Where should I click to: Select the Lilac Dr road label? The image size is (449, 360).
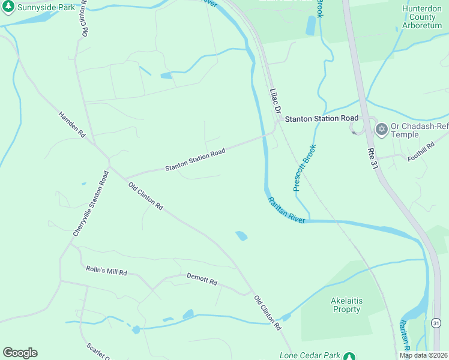pyautogui.click(x=276, y=102)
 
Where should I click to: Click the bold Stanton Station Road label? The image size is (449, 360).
pyautogui.click(x=321, y=119)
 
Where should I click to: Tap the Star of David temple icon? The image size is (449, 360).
pyautogui.click(x=381, y=129)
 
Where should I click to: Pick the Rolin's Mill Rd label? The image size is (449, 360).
pyautogui.click(x=106, y=271)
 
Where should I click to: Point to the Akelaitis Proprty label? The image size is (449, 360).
pyautogui.click(x=345, y=305)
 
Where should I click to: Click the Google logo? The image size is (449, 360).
pyautogui.click(x=20, y=353)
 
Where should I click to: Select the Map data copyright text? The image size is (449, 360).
pyautogui.click(x=423, y=355)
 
